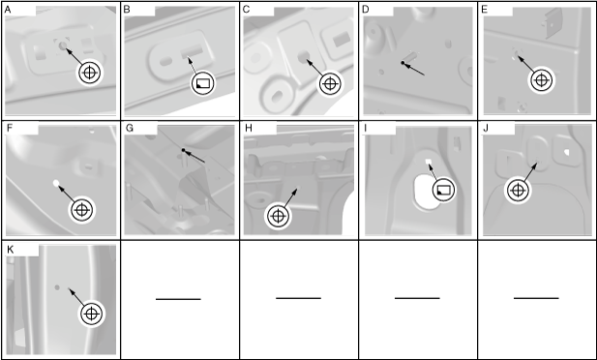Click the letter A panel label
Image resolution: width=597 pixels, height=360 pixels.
(8, 10)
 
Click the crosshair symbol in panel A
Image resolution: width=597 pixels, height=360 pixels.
(90, 73)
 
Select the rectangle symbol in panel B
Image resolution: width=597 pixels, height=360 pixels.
(202, 83)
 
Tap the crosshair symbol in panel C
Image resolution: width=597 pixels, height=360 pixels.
(330, 84)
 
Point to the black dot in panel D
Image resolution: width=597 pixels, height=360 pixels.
(403, 63)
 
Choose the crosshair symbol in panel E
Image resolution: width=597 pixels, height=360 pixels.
(541, 80)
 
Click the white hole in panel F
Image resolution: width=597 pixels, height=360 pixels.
(56, 183)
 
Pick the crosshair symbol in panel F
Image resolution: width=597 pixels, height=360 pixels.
(82, 210)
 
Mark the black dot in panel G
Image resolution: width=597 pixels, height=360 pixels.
(183, 150)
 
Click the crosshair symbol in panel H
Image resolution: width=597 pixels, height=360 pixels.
(278, 216)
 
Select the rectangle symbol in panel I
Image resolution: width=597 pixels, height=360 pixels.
(443, 190)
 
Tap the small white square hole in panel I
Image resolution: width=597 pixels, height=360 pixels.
(428, 162)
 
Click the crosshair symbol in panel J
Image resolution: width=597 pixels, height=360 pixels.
(518, 190)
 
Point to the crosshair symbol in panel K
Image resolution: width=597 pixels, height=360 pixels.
(91, 314)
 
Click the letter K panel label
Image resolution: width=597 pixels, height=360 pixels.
(11, 250)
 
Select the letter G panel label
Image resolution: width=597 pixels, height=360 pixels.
(129, 128)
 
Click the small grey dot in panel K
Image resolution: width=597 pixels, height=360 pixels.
(57, 287)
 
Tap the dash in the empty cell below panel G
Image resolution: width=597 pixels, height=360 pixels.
(178, 299)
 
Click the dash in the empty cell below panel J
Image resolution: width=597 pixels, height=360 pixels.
(536, 298)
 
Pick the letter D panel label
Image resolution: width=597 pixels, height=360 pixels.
(366, 10)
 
